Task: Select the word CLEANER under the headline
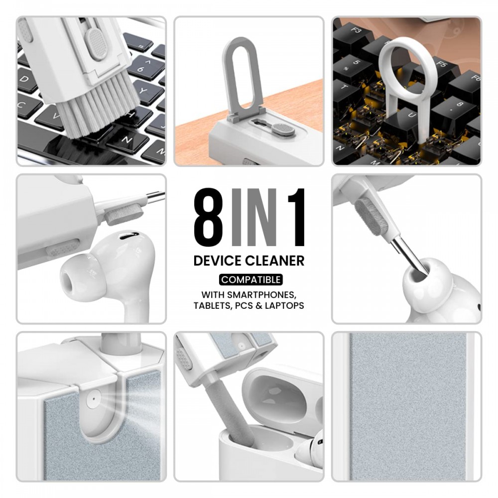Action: pyautogui.click(x=276, y=260)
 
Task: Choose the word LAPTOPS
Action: pyautogui.click(x=285, y=305)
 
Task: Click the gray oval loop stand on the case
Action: pyautogui.click(x=243, y=80)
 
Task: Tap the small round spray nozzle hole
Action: pyautogui.click(x=92, y=399)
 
